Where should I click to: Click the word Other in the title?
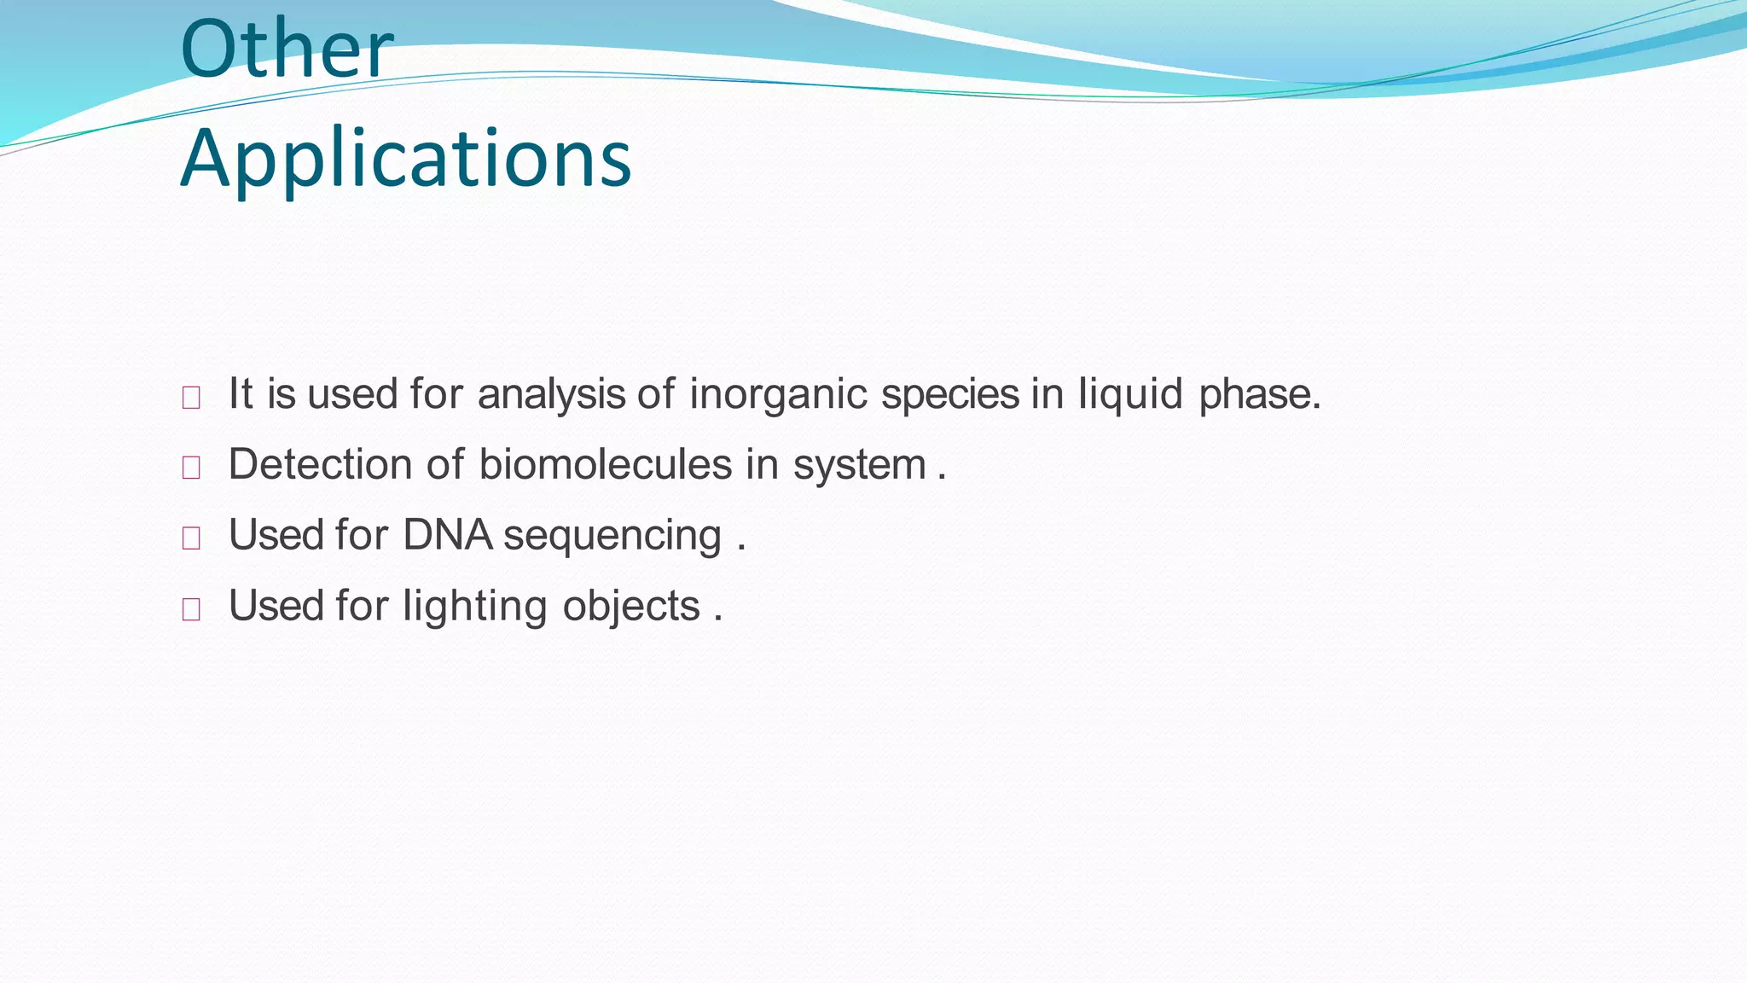286,49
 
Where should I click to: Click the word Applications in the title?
406,159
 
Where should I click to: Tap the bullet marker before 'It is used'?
191,398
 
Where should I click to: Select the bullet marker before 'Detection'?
191,468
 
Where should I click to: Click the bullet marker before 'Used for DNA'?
191,538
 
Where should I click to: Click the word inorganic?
778,394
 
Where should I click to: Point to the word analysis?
552,394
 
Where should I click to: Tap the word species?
949,394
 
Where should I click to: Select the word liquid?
1130,394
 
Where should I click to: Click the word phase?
1258,394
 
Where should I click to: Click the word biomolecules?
605,465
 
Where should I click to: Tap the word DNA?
447,535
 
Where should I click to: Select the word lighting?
474,607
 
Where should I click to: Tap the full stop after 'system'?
942,479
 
